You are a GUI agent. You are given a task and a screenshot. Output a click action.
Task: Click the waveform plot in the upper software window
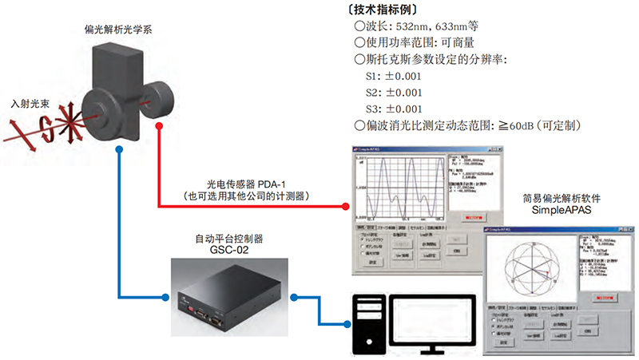[x=398, y=189]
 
